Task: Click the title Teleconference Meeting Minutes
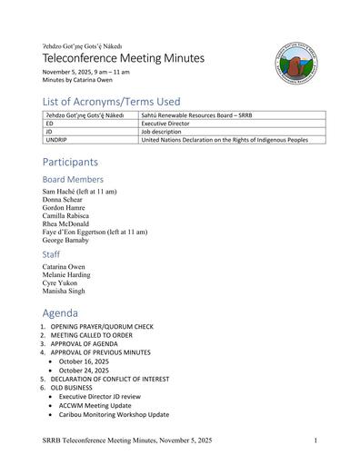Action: (x=124, y=58)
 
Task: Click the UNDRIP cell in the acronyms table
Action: (x=57, y=140)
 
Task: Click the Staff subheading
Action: (x=51, y=254)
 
